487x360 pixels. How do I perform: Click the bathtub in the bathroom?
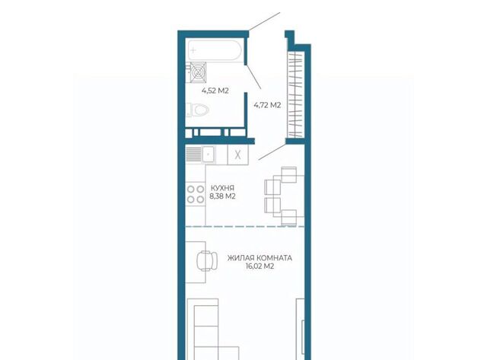coord(215,49)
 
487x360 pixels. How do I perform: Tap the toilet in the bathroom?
coord(199,110)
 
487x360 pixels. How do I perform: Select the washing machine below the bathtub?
coord(198,72)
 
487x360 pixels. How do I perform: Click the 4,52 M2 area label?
coord(215,91)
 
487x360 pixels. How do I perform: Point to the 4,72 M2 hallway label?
coord(267,105)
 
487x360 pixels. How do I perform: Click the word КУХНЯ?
coord(222,188)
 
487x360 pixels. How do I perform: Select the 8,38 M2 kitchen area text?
coord(222,196)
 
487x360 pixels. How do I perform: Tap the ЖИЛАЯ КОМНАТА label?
coord(259,258)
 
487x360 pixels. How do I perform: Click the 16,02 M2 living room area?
coord(259,266)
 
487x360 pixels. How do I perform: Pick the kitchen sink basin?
coord(208,154)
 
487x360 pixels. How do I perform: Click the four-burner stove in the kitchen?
coord(196,194)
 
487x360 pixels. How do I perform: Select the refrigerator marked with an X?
coord(238,155)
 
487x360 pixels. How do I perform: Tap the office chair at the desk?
coord(206,260)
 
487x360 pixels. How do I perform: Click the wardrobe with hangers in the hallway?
coord(295,94)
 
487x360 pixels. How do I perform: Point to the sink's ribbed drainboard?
coord(193,154)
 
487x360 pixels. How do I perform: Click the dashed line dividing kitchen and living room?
coord(245,227)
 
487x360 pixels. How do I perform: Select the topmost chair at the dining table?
coord(289,174)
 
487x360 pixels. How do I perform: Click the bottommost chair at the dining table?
coord(289,217)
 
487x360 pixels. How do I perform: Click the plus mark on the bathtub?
coord(193,49)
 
